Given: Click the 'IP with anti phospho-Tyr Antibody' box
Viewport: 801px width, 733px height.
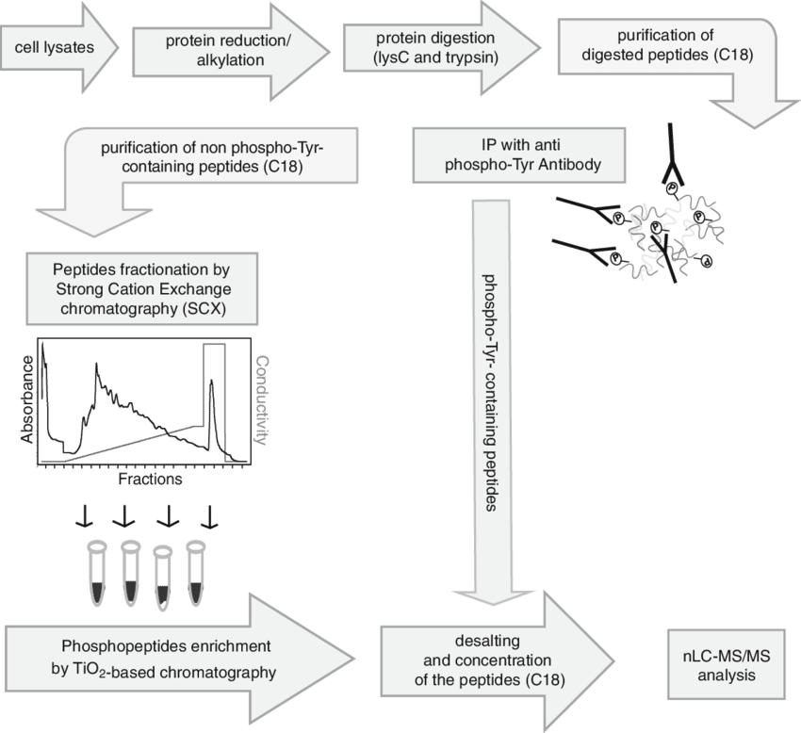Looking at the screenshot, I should pos(508,154).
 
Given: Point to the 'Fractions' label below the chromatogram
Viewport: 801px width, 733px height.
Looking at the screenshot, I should pos(150,480).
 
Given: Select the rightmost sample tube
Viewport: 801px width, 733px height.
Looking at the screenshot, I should pos(196,571).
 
